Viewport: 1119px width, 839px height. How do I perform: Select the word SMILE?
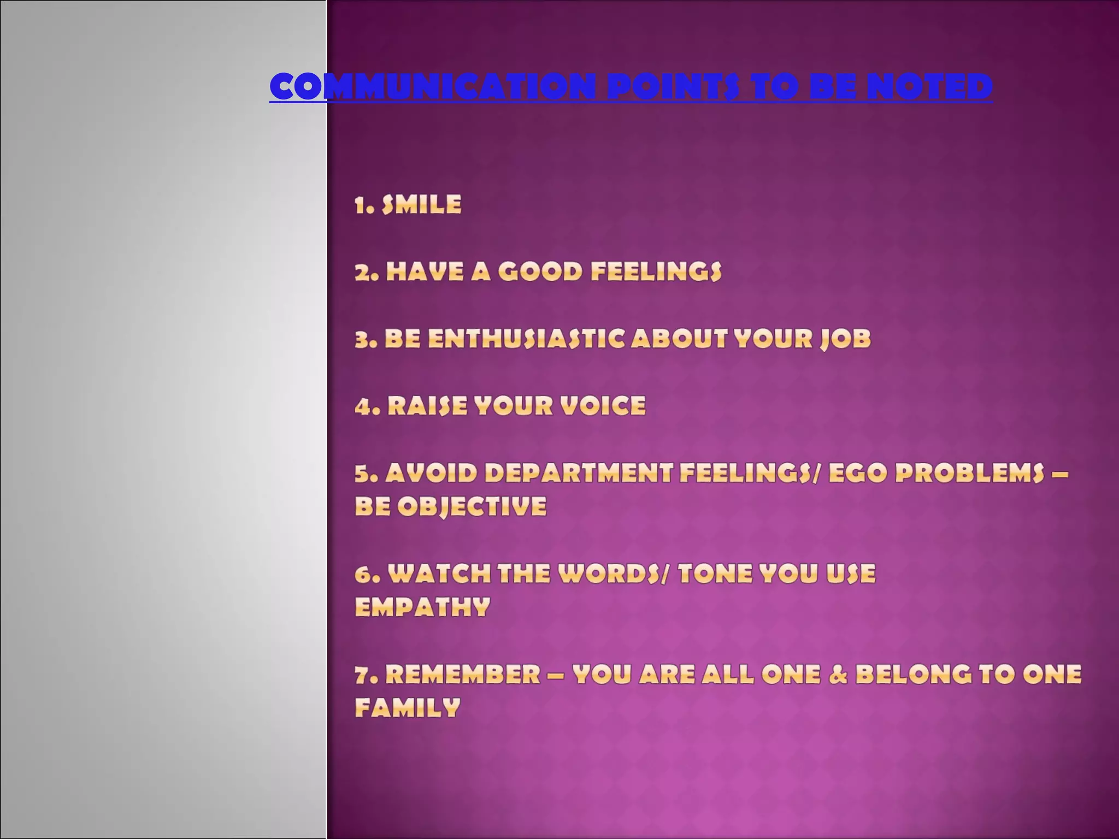pos(421,205)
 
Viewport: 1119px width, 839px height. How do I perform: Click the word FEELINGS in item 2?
pos(656,272)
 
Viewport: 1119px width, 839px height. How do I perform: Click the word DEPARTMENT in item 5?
pos(578,473)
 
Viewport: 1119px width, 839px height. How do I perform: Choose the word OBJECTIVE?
pos(472,507)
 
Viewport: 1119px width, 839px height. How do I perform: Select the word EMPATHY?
pos(422,607)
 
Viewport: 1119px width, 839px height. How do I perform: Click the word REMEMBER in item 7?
pos(463,675)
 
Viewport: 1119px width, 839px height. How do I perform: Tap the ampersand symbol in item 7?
pos(838,675)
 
